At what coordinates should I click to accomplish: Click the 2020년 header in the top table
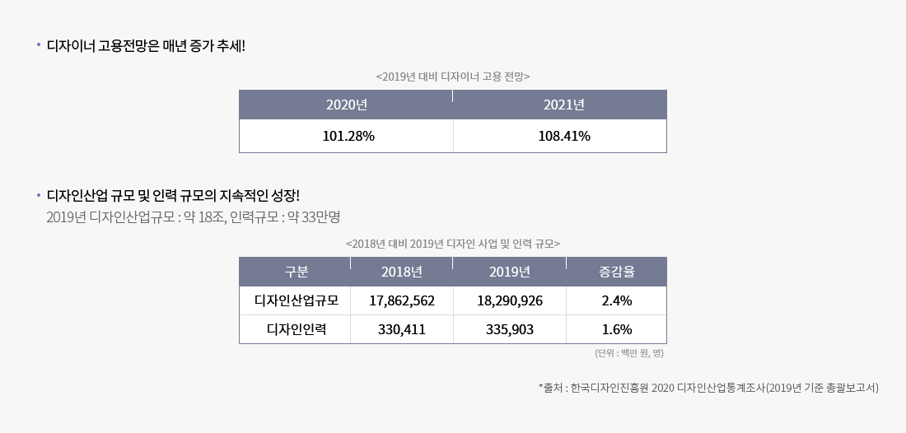pos(346,105)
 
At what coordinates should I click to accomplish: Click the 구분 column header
pos(296,272)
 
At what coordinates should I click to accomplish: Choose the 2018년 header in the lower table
pos(402,272)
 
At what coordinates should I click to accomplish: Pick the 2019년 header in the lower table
pos(509,272)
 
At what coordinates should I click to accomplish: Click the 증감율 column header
pos(616,272)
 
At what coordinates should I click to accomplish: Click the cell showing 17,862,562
pos(402,300)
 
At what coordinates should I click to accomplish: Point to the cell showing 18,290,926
pos(509,300)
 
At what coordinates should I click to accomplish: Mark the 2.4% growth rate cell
pos(616,300)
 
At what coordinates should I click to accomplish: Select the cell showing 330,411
pos(402,329)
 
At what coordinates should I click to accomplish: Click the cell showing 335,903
pos(509,329)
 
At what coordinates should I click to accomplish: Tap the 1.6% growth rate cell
pos(616,329)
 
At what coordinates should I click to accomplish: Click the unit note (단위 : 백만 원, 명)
pos(628,353)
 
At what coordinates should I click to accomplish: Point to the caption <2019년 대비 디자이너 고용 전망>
pos(452,76)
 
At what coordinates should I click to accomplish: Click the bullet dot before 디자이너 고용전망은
pos(38,44)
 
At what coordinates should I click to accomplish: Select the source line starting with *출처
pos(708,388)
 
